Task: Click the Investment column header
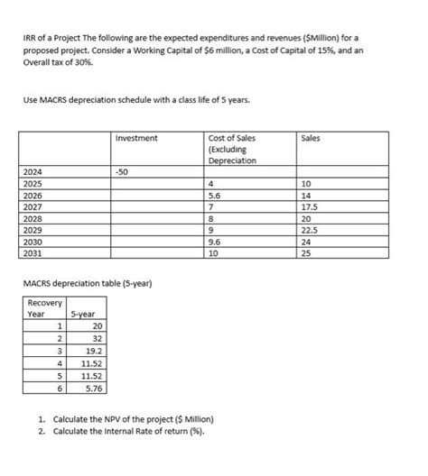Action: (x=136, y=138)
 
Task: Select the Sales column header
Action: (x=312, y=138)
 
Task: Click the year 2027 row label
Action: (x=34, y=206)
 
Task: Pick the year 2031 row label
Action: (x=34, y=254)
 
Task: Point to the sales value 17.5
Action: (x=312, y=206)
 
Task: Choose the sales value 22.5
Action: (x=312, y=230)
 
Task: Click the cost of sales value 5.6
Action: (x=214, y=195)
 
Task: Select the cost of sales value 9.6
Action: (x=214, y=243)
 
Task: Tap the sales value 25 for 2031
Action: (x=308, y=254)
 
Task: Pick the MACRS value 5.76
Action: (x=94, y=388)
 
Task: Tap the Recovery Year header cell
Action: (x=41, y=307)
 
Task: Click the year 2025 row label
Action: (x=34, y=183)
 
